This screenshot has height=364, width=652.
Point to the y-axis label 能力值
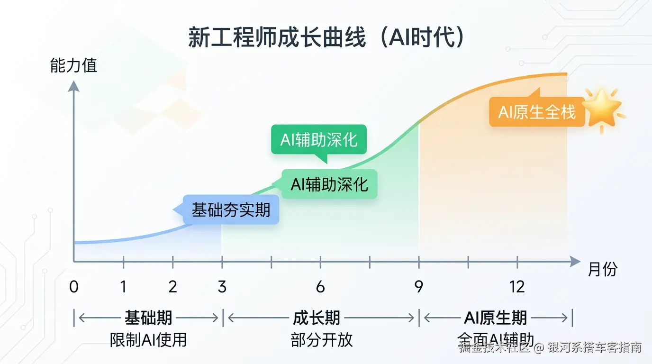(x=73, y=65)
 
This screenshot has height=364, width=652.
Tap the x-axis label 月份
(x=603, y=269)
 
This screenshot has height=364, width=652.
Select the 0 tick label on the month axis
(x=73, y=287)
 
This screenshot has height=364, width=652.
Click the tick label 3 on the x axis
(x=222, y=287)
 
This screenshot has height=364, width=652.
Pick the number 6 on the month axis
(x=320, y=287)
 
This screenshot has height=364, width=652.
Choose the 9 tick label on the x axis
(x=419, y=287)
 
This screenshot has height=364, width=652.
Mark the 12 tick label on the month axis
(x=517, y=287)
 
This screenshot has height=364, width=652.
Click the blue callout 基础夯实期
(x=231, y=209)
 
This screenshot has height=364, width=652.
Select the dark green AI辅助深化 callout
(x=319, y=140)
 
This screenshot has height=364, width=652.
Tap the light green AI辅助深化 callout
(x=329, y=184)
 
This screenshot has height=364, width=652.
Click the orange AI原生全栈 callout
(x=537, y=112)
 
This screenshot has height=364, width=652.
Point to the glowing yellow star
(x=602, y=108)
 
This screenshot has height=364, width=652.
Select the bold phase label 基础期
(x=148, y=318)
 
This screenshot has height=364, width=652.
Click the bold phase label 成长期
(x=317, y=318)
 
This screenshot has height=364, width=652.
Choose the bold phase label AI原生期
(x=495, y=318)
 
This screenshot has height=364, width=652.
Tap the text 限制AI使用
(x=148, y=339)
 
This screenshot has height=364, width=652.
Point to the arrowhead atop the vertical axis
(x=73, y=86)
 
